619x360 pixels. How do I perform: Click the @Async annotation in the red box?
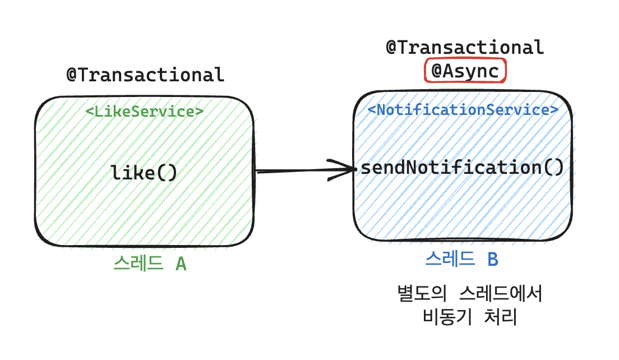tap(465, 71)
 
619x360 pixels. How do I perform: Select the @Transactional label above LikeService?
tap(145, 75)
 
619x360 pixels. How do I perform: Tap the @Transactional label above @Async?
tap(465, 47)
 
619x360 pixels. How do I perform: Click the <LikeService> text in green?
tap(144, 111)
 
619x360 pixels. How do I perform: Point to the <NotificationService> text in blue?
tap(463, 109)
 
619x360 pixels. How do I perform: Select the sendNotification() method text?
tap(461, 168)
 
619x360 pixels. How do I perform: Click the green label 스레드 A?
tap(150, 263)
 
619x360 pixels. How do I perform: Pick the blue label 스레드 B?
tap(461, 259)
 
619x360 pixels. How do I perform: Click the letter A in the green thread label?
tap(181, 263)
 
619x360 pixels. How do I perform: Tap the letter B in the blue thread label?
tap(492, 259)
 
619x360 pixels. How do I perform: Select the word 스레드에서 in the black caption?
tap(501, 293)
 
